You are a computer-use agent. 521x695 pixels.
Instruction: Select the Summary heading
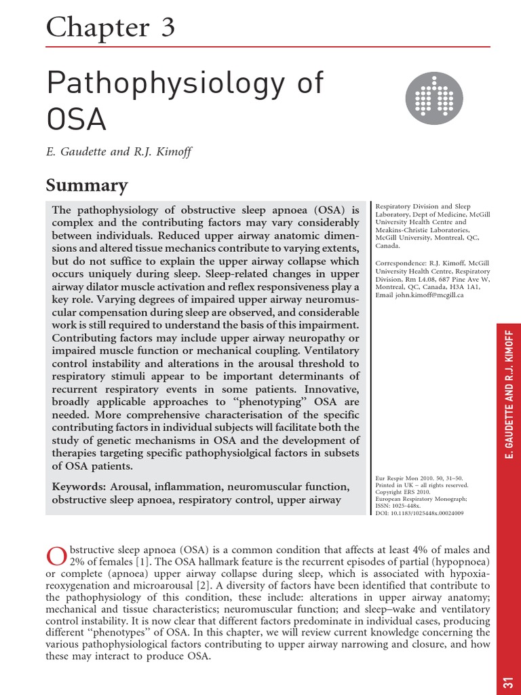coord(86,185)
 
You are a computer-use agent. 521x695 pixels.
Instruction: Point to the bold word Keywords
coord(79,487)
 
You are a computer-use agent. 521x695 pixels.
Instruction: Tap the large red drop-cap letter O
coord(56,556)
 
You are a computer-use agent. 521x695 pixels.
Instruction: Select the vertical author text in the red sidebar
coord(508,394)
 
